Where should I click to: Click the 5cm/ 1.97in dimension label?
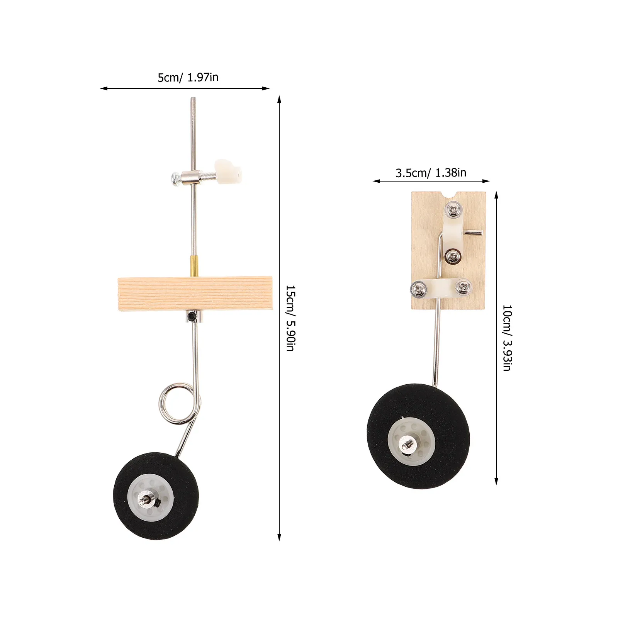pyautogui.click(x=188, y=78)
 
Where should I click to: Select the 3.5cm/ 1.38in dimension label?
pyautogui.click(x=431, y=173)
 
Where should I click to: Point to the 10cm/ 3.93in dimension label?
pyautogui.click(x=507, y=338)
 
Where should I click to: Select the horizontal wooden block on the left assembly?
pyautogui.click(x=195, y=293)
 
